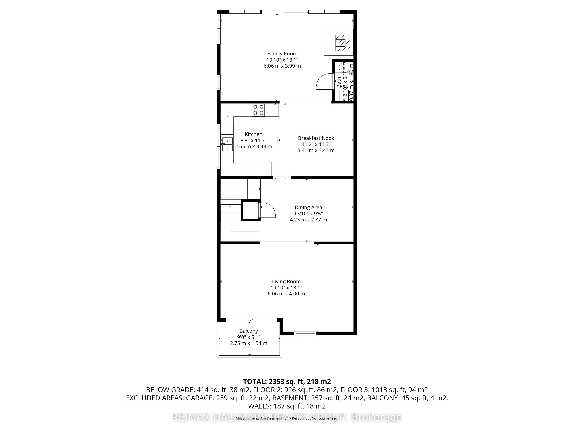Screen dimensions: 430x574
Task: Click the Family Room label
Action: coord(282,54)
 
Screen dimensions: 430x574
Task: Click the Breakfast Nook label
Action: coord(316,138)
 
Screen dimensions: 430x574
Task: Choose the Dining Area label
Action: coord(308,207)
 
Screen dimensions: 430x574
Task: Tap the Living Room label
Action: coord(286,282)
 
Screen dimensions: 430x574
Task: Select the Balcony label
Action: coord(249,331)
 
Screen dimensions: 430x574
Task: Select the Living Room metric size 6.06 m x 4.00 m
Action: coord(286,294)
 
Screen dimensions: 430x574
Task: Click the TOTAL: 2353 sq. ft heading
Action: coord(287,382)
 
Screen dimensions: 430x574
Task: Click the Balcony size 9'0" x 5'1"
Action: coord(249,337)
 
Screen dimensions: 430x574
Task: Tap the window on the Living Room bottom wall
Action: coord(305,333)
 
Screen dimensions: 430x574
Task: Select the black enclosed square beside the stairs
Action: coord(251,210)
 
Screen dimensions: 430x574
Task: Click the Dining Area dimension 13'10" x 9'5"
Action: coord(308,214)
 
